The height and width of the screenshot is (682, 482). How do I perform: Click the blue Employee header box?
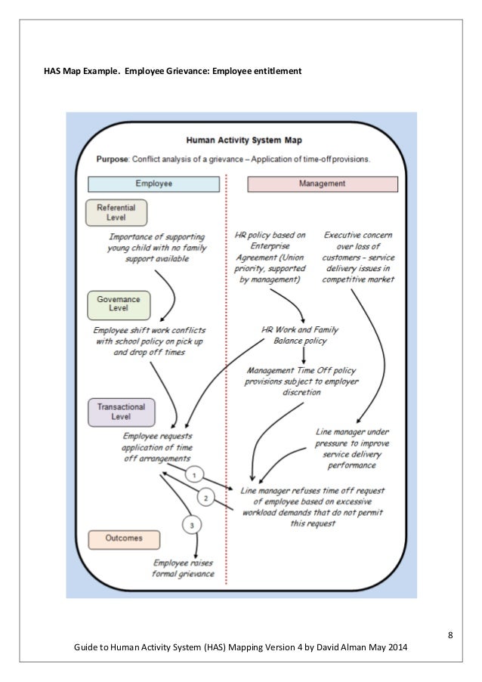[x=154, y=184]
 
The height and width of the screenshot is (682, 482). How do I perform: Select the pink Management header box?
[x=323, y=184]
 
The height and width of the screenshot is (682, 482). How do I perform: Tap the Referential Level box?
[x=116, y=212]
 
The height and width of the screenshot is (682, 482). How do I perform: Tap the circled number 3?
[x=194, y=525]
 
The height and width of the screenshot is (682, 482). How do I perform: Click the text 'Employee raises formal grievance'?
[x=184, y=568]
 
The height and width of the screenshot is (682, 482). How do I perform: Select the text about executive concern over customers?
[x=358, y=257]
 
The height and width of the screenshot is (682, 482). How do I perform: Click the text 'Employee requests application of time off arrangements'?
[x=158, y=447]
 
